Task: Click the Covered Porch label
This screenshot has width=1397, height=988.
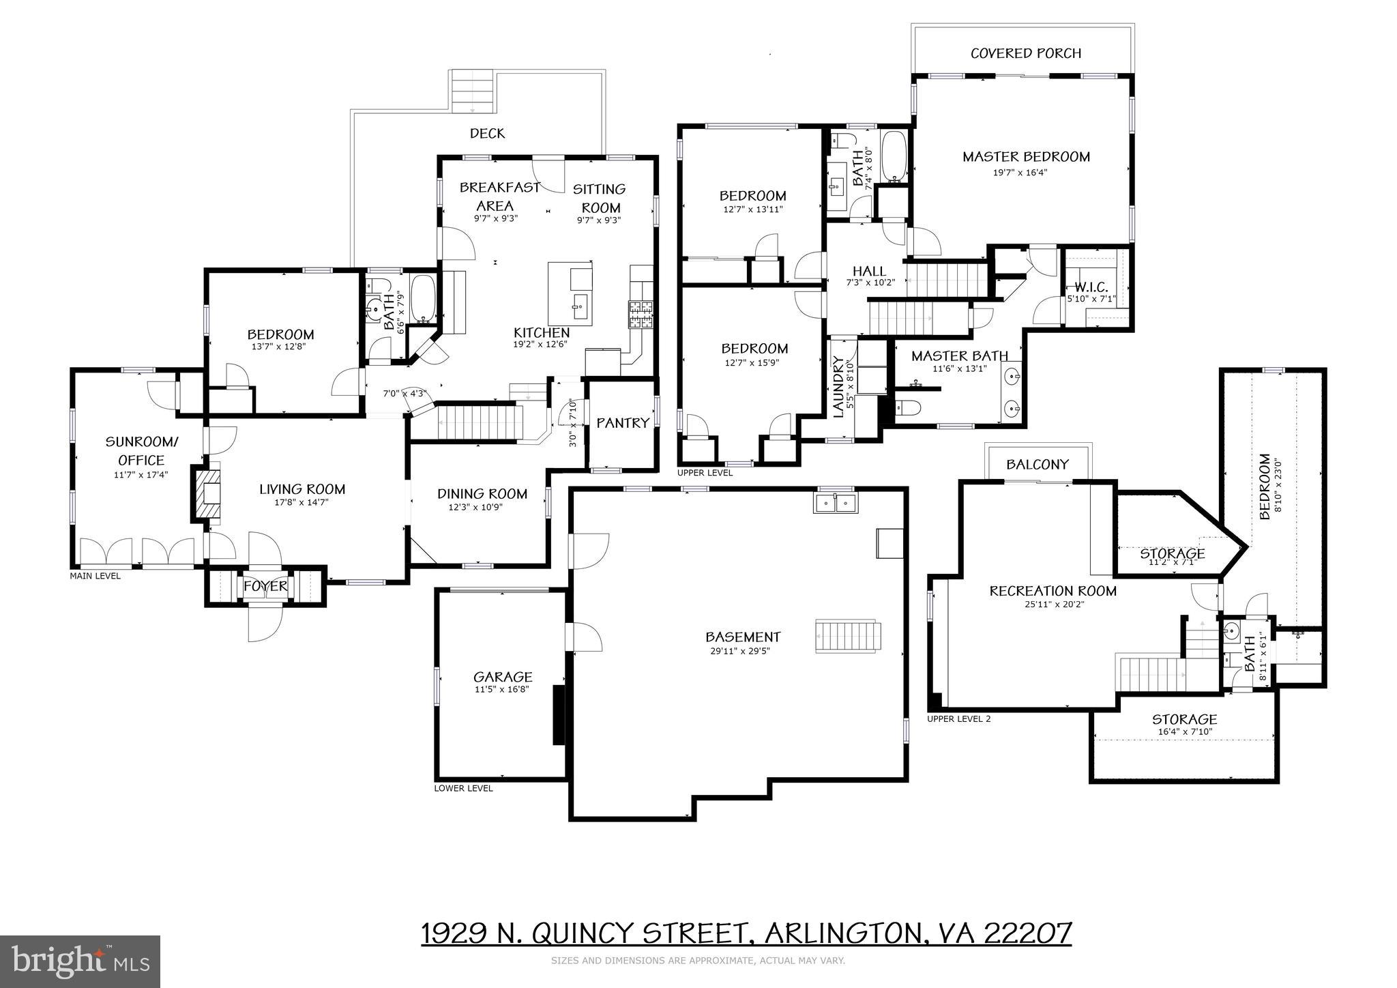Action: click(1025, 53)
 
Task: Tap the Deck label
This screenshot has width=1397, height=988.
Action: click(487, 134)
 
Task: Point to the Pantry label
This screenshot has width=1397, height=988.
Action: click(622, 423)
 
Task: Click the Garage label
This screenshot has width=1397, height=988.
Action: click(503, 677)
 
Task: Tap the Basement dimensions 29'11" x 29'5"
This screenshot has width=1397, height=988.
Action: click(742, 651)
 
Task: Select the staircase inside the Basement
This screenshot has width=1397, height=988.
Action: click(849, 637)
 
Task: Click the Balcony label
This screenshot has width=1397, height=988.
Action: click(1038, 465)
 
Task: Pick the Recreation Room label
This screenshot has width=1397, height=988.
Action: click(1053, 591)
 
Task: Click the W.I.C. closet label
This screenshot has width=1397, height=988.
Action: click(1091, 287)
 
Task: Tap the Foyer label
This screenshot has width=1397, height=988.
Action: click(265, 587)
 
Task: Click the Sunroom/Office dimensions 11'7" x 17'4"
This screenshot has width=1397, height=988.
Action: click(141, 474)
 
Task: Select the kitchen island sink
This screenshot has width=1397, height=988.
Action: click(580, 302)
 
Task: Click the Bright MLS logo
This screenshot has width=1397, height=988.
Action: click(80, 961)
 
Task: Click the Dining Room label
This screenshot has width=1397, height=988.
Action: click(482, 493)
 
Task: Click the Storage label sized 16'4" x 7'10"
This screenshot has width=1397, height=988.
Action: click(1184, 719)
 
